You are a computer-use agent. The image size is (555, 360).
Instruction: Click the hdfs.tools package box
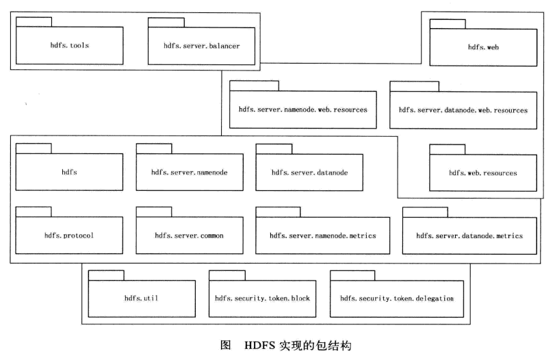70,46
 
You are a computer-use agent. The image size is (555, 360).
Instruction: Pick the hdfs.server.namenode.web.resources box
302,110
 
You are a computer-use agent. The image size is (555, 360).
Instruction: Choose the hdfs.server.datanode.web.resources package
463,110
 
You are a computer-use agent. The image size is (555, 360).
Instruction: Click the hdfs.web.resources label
482,173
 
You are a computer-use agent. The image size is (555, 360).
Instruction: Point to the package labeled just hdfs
69,172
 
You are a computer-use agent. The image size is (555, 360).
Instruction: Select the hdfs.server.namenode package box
189,172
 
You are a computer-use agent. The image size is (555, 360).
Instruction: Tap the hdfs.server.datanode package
309,172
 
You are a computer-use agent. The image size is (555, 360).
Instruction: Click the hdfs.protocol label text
69,236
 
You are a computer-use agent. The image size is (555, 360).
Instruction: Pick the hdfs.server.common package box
189,236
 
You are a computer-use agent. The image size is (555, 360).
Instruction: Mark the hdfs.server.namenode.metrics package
322,236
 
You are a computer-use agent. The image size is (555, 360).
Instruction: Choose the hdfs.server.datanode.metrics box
469,236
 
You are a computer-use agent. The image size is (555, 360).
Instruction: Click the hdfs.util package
141,298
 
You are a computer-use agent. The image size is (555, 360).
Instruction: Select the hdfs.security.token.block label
263,298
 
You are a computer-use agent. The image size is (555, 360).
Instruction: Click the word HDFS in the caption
257,346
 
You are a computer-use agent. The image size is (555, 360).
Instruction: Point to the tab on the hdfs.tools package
34,22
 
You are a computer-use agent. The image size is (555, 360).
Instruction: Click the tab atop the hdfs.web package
447,24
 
